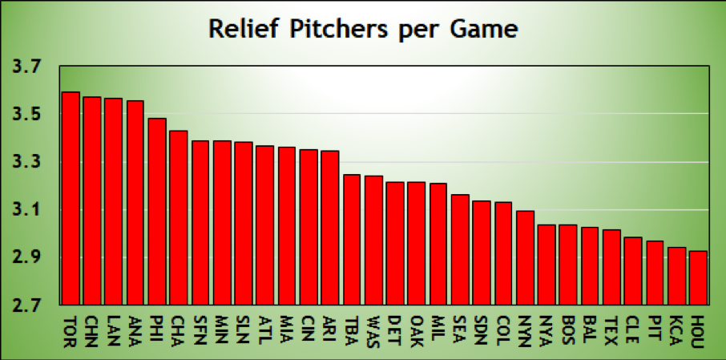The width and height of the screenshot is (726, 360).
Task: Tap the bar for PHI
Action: pyautogui.click(x=157, y=212)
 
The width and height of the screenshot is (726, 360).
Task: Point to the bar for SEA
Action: pyautogui.click(x=460, y=249)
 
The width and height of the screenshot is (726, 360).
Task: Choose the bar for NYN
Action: pyautogui.click(x=525, y=257)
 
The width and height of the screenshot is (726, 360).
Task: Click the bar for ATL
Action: pyautogui.click(x=265, y=225)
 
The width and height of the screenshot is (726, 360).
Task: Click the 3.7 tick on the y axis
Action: pyautogui.click(x=29, y=68)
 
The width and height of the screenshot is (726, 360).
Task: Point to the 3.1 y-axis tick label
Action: pyautogui.click(x=29, y=211)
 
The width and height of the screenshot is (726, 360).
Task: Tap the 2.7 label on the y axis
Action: pyautogui.click(x=29, y=305)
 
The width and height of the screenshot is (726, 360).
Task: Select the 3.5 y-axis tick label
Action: pyautogui.click(x=29, y=115)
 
